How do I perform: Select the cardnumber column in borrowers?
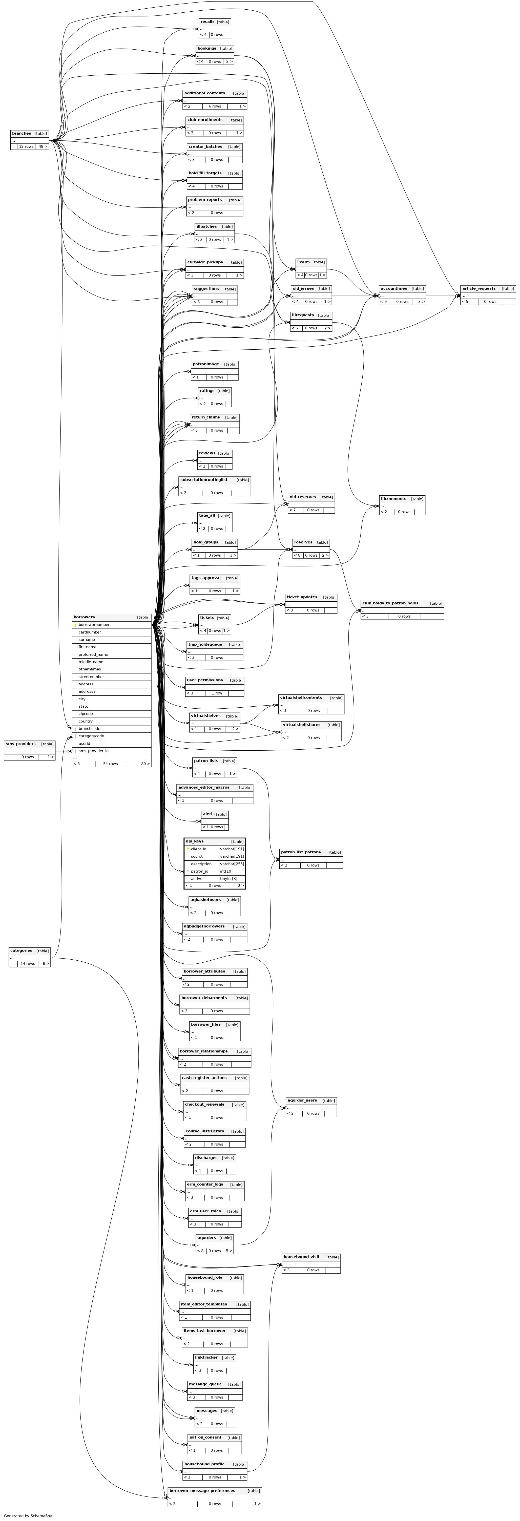[90, 632]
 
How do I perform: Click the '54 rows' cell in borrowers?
[110, 764]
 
